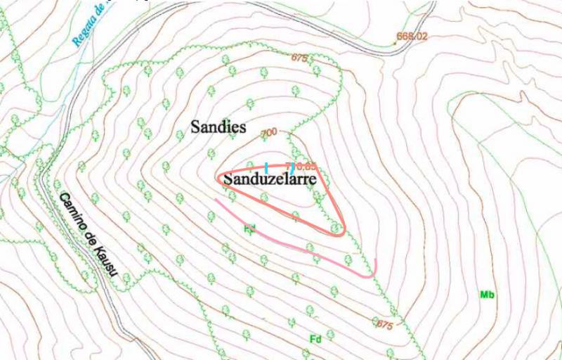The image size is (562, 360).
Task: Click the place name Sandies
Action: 218,127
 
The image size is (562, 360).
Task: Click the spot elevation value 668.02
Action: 412,36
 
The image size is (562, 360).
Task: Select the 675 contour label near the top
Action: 299,58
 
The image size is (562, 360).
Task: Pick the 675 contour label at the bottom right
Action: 384,325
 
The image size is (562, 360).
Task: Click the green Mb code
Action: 486,295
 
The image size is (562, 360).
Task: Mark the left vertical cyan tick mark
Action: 266,167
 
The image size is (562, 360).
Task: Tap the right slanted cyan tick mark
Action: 291,168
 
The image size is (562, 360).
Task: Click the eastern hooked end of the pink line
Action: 374,265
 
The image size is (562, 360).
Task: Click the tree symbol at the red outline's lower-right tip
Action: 337,228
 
